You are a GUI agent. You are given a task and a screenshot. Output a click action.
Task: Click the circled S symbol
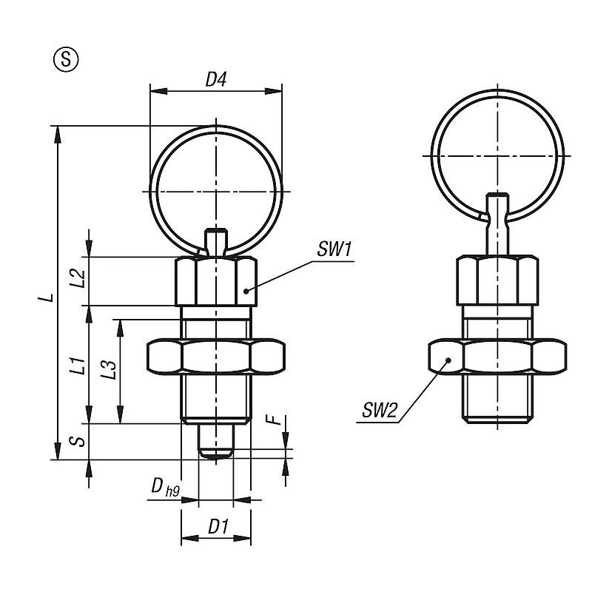pos(66,60)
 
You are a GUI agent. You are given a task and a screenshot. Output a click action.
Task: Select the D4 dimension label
pos(215,80)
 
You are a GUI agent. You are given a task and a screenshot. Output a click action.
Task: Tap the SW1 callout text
pos(334,249)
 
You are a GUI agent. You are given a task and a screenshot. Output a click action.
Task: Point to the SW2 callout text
pos(380,410)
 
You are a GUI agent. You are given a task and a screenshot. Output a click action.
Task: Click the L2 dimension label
pos(78,278)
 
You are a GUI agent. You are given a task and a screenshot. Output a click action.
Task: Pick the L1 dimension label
pos(78,366)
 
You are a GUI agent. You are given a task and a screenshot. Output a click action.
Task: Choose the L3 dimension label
pos(109,369)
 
